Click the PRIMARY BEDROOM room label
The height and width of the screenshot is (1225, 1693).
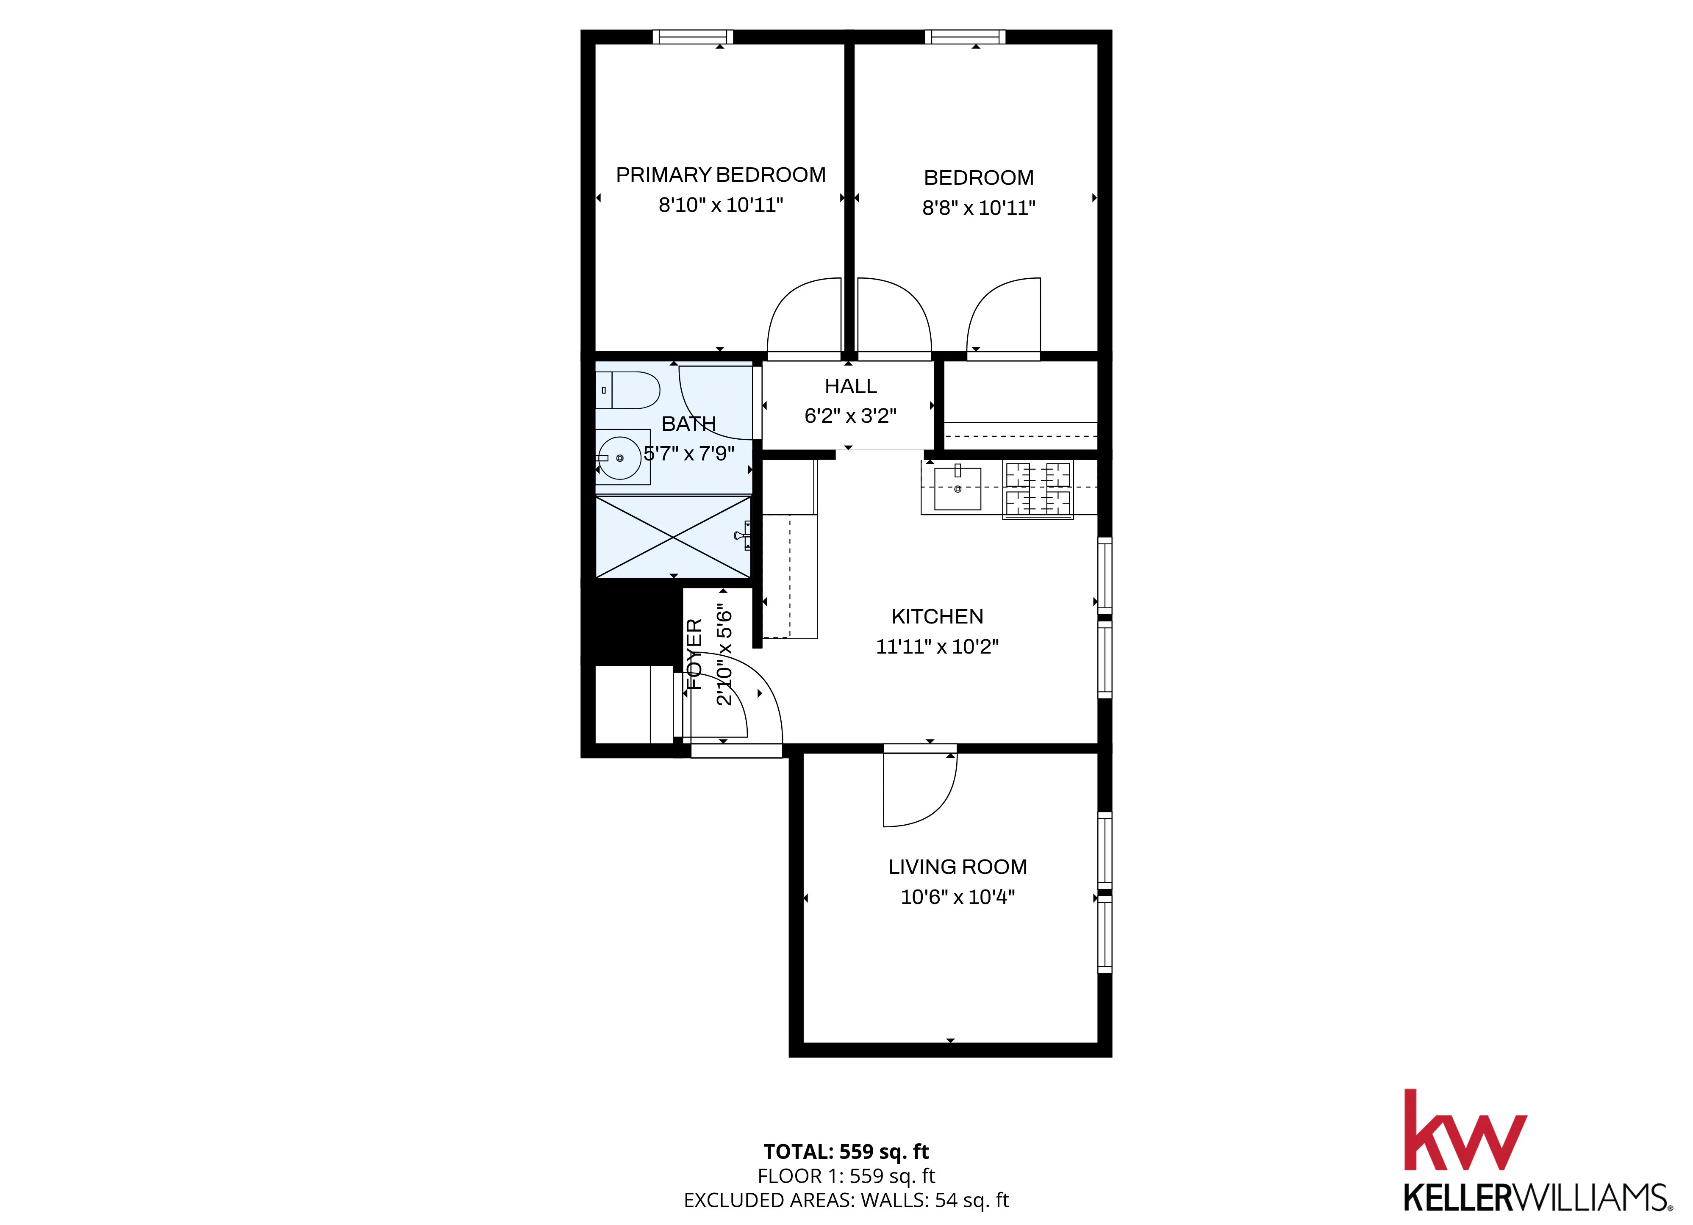coord(720,175)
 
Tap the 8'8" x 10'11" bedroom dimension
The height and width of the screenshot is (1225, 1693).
coord(979,208)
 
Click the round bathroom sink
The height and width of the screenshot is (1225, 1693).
coord(619,457)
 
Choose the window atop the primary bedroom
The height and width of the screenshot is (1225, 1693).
coord(693,36)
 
